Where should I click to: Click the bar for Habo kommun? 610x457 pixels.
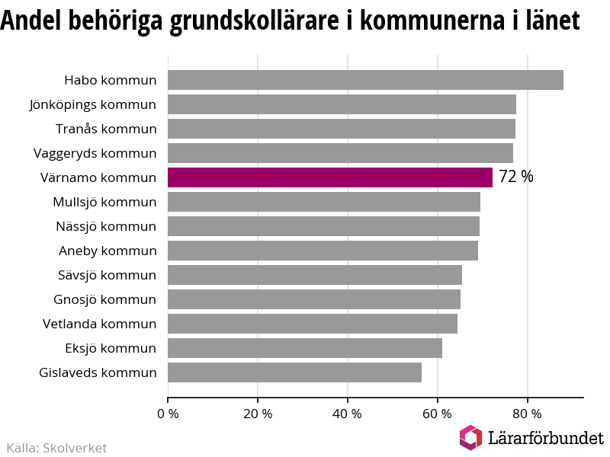[365, 80]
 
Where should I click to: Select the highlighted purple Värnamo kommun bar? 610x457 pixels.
[329, 177]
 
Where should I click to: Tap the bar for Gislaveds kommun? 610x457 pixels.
[294, 372]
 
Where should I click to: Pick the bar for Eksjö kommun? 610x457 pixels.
[304, 348]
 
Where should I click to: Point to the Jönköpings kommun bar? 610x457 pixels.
[342, 104]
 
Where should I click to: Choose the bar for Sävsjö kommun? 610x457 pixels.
[314, 275]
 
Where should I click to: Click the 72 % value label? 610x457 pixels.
[516, 177]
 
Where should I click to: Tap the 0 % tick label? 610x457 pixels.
[168, 414]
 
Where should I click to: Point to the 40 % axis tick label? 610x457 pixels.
[348, 414]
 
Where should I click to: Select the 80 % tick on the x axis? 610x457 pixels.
[527, 414]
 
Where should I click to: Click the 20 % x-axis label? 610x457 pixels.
[258, 414]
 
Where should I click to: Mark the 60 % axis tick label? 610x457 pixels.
[438, 414]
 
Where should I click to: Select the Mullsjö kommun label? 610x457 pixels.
[104, 202]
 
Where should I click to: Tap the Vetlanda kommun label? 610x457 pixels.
[99, 324]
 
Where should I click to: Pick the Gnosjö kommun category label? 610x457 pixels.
[104, 299]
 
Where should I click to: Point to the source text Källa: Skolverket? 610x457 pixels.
[56, 448]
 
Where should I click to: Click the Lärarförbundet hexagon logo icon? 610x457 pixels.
[470, 437]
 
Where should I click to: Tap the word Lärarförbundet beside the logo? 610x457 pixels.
[544, 438]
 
